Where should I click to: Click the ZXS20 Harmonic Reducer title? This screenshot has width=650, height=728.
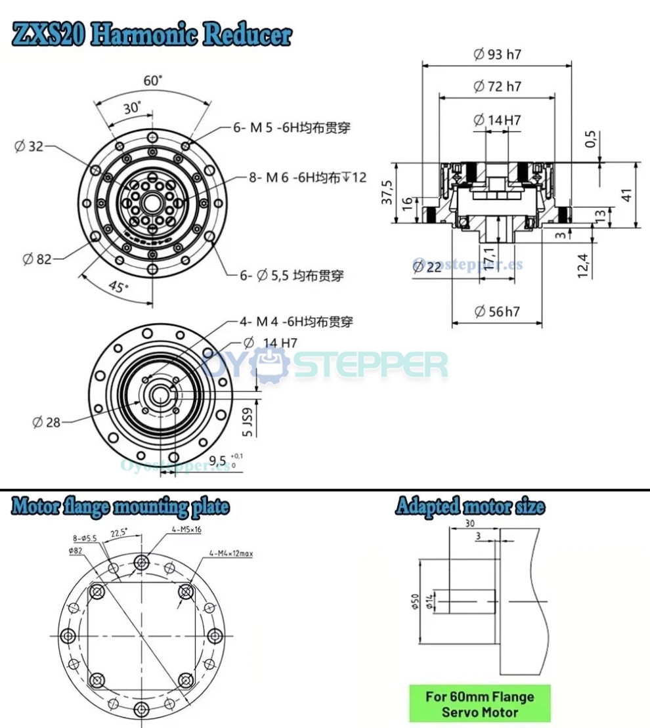[152, 35]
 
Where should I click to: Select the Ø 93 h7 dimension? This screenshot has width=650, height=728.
[496, 54]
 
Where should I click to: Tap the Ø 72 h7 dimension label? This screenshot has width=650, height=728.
[496, 87]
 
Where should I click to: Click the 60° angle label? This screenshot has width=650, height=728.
[152, 81]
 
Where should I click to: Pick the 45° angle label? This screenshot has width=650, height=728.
[118, 286]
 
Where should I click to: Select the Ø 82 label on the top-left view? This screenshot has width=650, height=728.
[37, 259]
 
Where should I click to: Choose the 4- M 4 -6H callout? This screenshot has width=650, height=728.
[295, 322]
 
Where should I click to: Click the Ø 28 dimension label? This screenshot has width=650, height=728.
[46, 422]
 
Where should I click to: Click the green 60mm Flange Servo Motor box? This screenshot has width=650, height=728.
[479, 704]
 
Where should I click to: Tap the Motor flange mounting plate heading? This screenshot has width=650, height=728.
[120, 507]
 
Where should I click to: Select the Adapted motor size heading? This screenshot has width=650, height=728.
[469, 507]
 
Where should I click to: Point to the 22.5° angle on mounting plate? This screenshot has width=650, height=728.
[119, 533]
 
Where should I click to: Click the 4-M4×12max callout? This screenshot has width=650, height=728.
[231, 553]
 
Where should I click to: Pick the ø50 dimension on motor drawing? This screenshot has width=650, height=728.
[415, 601]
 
